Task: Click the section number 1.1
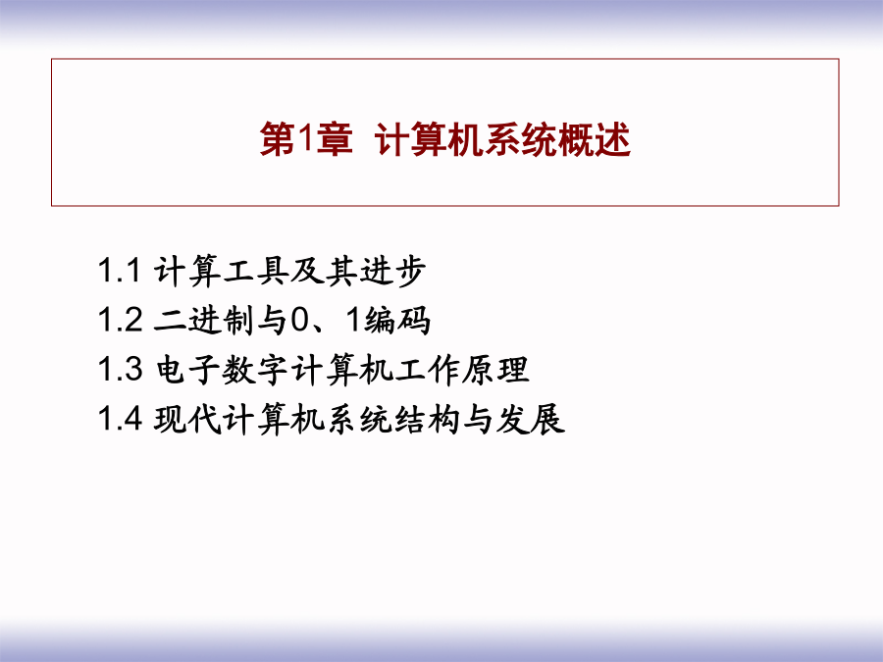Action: point(119,271)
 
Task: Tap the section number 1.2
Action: point(120,320)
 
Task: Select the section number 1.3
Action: point(120,370)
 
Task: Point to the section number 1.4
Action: point(120,419)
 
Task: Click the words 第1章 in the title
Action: point(306,138)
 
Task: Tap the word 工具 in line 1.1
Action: point(256,271)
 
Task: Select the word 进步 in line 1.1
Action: point(392,271)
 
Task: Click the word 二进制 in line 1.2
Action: point(204,321)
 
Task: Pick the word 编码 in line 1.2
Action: point(397,321)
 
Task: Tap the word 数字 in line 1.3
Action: point(256,370)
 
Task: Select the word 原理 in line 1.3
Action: point(495,370)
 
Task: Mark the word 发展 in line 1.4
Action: point(531,420)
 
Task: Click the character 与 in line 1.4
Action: point(479,420)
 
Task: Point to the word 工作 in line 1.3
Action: point(427,370)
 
